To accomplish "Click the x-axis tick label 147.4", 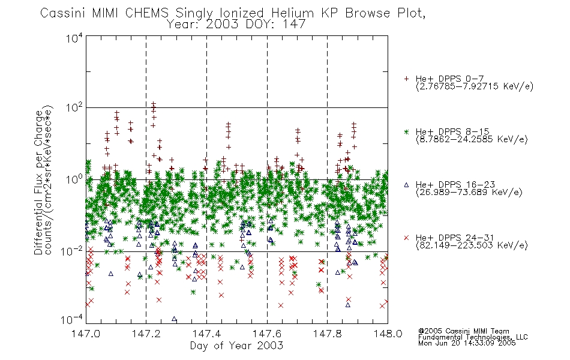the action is tap(206, 334).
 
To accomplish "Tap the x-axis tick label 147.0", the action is tap(86, 334).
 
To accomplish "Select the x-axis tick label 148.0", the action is tap(388, 334).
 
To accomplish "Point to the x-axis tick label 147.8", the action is tap(327, 334).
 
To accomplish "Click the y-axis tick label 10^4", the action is tap(74, 38).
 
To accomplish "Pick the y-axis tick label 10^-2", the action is tap(72, 251).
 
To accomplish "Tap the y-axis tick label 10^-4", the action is tap(72, 320).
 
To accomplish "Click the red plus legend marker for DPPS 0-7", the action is tap(406, 79).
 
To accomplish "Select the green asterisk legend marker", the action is tap(406, 132).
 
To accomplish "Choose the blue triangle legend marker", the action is tap(406, 185).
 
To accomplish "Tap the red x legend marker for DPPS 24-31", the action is tap(406, 238).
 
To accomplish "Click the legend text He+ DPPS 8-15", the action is tap(452, 131).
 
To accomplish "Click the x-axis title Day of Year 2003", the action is tap(236, 346).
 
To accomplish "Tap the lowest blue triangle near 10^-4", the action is tap(174, 319).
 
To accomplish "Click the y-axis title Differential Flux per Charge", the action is tap(39, 182).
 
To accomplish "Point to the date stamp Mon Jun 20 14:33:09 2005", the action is tap(467, 343).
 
